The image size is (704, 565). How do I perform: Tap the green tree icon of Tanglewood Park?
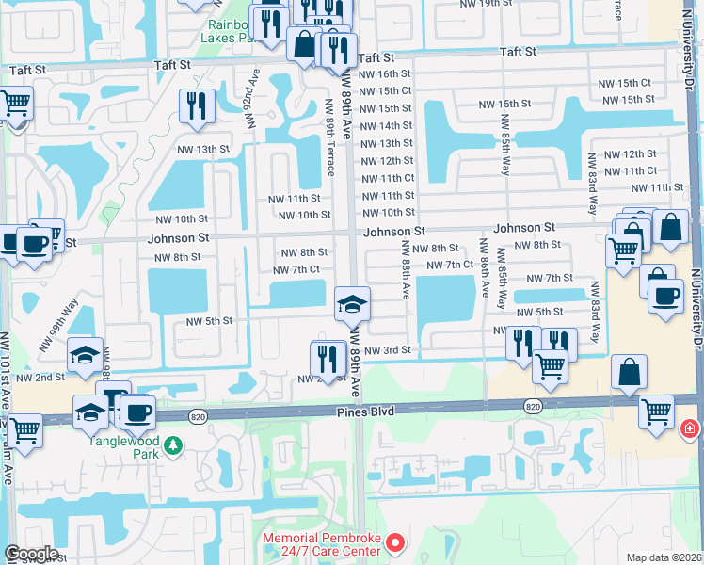pyautogui.click(x=172, y=444)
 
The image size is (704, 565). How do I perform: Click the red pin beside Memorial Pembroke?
pyautogui.click(x=396, y=542)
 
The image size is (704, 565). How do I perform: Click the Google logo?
pyautogui.click(x=31, y=554)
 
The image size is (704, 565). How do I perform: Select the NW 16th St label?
pyautogui.click(x=386, y=73)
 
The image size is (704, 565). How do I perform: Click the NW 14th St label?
pyautogui.click(x=386, y=126)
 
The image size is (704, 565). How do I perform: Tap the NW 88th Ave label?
pyautogui.click(x=406, y=270)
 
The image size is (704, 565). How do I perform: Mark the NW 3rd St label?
pyautogui.click(x=390, y=350)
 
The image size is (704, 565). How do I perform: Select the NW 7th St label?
pyautogui.click(x=550, y=279)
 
